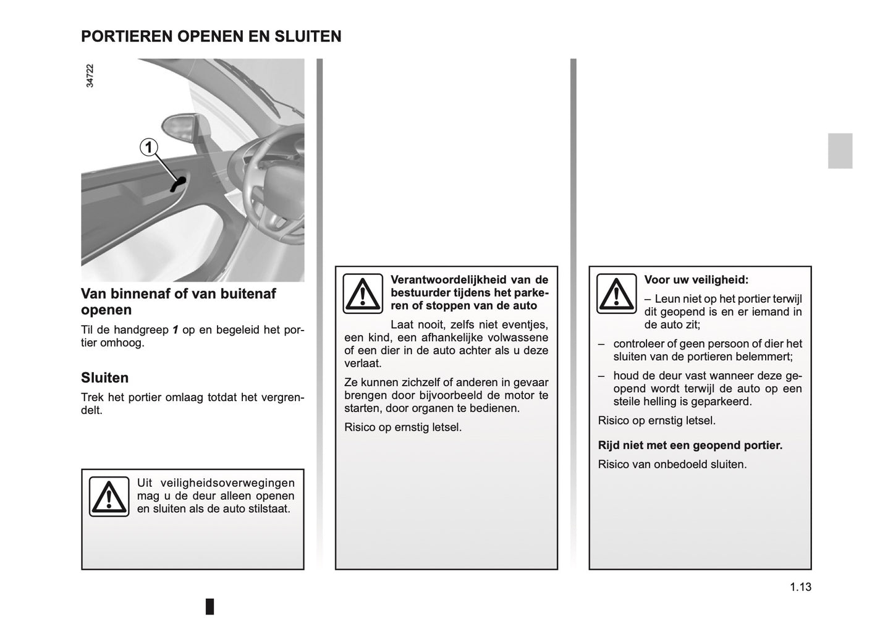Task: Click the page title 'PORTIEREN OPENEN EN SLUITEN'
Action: coord(211,36)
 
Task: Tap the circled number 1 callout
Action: coord(148,147)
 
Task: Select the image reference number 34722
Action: coord(90,75)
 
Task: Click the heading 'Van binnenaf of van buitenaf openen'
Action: coord(178,302)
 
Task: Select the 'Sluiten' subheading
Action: coord(105,378)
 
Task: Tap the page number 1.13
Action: coord(800,587)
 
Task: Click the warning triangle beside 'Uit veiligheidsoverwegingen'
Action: coord(109,496)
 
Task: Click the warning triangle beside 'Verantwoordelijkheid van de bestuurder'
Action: coord(363,293)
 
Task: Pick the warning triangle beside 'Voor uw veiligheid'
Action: coord(616,293)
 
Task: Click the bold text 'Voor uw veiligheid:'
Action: coord(696,280)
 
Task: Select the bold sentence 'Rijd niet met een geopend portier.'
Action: coord(690,445)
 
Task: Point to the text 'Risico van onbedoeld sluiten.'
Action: coord(672,464)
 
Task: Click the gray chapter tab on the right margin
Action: coord(840,151)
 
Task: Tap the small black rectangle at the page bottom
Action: coord(210,606)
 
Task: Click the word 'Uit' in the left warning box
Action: coord(144,483)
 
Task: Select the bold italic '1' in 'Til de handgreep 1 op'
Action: coord(176,330)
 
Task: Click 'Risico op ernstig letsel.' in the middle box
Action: coord(402,427)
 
